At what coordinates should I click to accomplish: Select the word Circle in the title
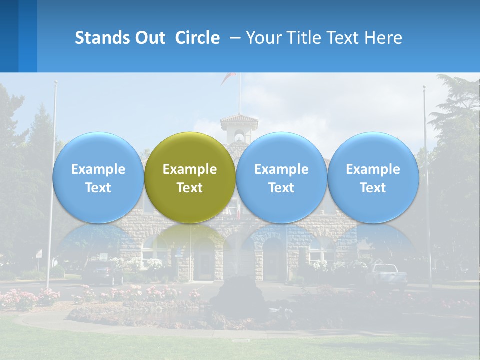point(197,38)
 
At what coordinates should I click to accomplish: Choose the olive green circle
point(190,177)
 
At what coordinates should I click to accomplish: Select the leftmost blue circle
point(98,177)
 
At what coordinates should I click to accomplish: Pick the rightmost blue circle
point(373,177)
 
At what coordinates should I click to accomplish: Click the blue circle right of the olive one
point(281,177)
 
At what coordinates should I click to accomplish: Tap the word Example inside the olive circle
point(190,169)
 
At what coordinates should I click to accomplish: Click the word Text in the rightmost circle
point(373,188)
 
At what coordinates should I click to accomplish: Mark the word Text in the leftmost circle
point(98,188)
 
